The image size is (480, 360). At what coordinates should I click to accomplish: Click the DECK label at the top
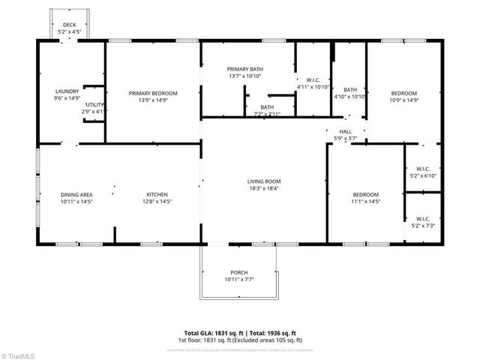tap(70, 24)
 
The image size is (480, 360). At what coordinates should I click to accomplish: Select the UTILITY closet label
tap(94, 105)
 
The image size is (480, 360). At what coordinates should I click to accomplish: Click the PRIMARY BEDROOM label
tap(152, 93)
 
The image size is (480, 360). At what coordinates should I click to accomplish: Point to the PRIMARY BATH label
tap(245, 70)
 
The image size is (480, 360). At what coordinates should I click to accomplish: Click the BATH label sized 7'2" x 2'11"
tap(267, 107)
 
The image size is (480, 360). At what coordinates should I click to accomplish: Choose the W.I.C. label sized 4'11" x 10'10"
tap(313, 79)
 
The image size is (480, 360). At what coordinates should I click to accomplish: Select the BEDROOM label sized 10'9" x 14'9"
tap(403, 93)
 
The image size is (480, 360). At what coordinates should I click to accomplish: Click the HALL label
tap(345, 131)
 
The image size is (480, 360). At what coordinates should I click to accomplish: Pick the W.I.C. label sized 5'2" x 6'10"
tap(421, 169)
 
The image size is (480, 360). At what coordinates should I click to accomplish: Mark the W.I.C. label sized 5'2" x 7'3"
tap(421, 219)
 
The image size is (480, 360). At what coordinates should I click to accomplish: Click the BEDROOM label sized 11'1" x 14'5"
tap(366, 194)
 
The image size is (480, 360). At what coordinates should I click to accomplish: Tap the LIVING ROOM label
tap(264, 181)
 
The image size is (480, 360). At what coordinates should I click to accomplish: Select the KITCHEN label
tap(156, 194)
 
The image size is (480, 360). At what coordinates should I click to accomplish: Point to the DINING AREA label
tap(76, 194)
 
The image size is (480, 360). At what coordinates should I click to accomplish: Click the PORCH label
tap(239, 272)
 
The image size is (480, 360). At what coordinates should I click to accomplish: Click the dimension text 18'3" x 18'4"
tap(264, 189)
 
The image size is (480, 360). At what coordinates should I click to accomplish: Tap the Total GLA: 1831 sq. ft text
tap(209, 332)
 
